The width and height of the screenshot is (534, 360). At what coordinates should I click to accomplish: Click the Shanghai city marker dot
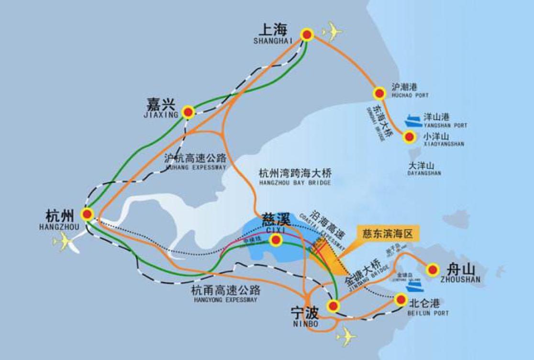click(307, 34)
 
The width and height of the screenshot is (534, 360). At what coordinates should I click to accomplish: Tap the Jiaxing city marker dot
click(188, 112)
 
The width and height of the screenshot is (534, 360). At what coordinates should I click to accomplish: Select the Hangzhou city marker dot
click(87, 214)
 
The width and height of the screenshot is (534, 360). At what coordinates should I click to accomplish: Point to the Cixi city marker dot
click(275, 241)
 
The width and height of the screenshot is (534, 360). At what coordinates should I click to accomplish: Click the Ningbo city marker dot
click(334, 305)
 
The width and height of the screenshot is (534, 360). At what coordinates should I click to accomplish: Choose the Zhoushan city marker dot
click(433, 270)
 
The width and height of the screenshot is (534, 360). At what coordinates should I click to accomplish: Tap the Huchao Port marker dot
click(379, 93)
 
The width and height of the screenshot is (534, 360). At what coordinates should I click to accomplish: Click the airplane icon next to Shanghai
click(332, 32)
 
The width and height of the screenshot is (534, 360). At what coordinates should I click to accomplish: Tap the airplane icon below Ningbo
click(346, 337)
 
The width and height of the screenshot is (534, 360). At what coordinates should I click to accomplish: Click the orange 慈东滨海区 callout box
click(387, 234)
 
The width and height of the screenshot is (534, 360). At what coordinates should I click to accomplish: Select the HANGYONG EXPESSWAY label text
click(225, 300)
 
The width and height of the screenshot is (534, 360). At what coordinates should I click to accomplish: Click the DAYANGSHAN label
click(424, 173)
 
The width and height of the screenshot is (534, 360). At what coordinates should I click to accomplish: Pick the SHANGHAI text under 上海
click(273, 42)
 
